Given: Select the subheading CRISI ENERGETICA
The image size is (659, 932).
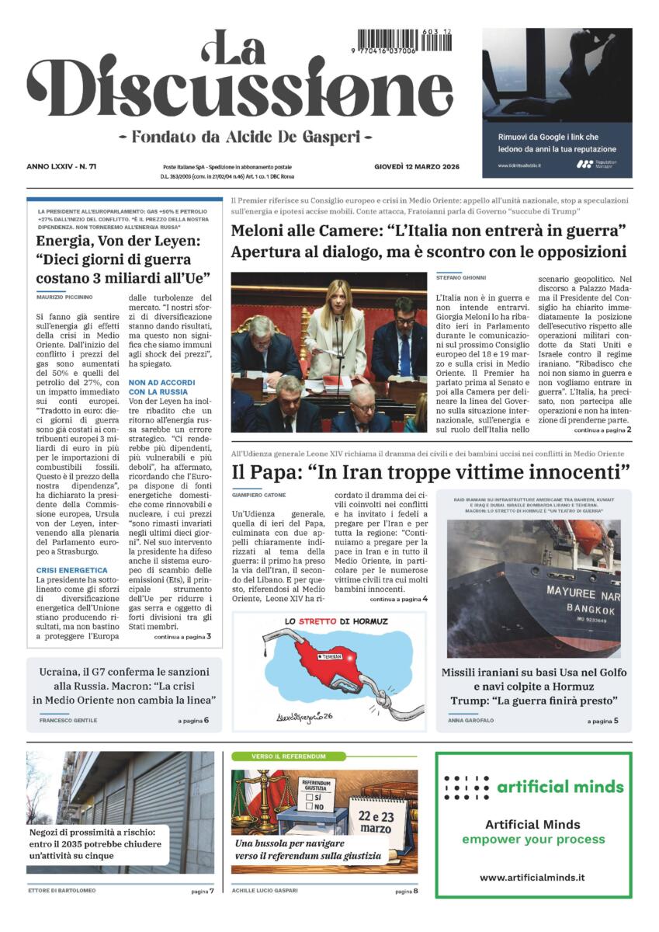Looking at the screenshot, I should pyautogui.click(x=71, y=570).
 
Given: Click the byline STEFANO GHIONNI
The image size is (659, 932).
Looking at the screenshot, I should pyautogui.click(x=461, y=277).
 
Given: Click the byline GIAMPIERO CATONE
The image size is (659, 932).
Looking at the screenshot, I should pyautogui.click(x=258, y=495).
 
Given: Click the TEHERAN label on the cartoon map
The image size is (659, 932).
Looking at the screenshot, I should pyautogui.click(x=331, y=658).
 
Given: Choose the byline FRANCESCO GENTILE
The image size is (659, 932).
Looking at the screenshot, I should pyautogui.click(x=68, y=720).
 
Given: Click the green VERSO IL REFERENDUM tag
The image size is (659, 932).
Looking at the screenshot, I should pyautogui.click(x=277, y=756).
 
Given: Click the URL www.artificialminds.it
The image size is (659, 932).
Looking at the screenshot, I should pyautogui.click(x=532, y=878).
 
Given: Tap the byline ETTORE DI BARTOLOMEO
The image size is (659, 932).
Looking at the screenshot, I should pyautogui.click(x=62, y=890).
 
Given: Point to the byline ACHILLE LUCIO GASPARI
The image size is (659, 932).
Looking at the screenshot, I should pyautogui.click(x=265, y=890).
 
